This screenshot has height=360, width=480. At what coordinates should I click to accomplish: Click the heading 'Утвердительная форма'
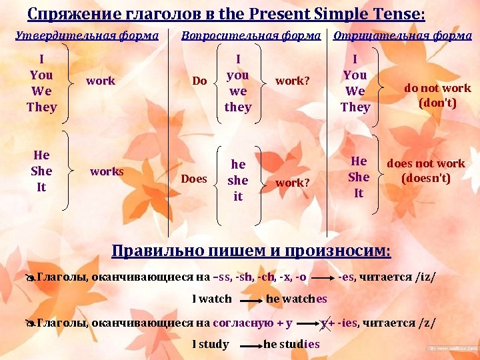click(x=87, y=35)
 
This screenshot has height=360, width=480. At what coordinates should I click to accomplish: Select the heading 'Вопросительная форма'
click(x=251, y=35)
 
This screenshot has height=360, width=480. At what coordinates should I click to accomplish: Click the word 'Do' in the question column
click(x=199, y=81)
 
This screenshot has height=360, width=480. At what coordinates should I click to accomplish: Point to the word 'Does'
click(x=194, y=179)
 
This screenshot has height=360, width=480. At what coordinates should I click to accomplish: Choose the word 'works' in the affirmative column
click(x=107, y=171)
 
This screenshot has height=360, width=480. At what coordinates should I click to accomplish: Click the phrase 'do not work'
click(x=437, y=88)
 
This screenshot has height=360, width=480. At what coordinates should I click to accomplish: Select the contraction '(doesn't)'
click(x=426, y=178)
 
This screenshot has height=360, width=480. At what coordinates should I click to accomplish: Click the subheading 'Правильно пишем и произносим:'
click(x=251, y=251)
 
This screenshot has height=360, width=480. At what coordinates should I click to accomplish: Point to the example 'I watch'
click(x=212, y=299)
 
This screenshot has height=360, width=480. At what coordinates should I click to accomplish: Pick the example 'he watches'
click(x=297, y=299)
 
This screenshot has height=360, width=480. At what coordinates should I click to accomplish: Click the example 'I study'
click(x=210, y=344)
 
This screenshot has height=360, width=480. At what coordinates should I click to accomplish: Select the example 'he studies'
click(x=292, y=344)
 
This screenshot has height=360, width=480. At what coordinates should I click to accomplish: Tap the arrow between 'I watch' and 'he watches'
click(x=249, y=301)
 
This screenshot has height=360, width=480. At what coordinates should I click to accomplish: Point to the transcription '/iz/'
click(x=425, y=277)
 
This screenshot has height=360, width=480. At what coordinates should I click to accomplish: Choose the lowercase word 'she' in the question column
click(x=238, y=180)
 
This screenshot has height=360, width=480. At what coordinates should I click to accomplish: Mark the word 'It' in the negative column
click(x=359, y=193)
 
